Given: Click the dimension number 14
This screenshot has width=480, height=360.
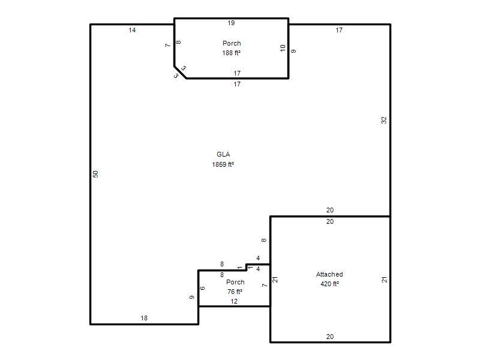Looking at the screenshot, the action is [x=132, y=30].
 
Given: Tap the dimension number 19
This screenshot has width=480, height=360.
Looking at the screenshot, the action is [x=231, y=23].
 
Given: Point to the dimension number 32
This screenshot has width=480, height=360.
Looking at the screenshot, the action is [x=384, y=121].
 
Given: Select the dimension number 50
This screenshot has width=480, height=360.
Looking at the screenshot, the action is [x=95, y=174].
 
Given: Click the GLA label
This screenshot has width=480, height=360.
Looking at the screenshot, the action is [x=223, y=154].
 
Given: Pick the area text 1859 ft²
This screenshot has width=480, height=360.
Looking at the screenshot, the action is [x=223, y=164].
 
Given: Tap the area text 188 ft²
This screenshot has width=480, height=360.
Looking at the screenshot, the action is [x=232, y=53].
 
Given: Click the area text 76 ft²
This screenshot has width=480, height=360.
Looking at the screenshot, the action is [x=235, y=292].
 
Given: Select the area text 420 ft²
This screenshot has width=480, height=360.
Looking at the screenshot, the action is [x=329, y=284].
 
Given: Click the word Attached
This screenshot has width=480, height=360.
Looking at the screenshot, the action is [x=329, y=274].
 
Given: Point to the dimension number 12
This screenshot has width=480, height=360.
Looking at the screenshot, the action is [x=234, y=302].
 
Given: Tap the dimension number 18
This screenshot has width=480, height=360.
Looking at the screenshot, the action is [x=144, y=319].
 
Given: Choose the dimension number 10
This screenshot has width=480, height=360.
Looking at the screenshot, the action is [x=283, y=48].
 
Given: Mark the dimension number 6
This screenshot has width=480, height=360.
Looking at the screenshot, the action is [x=202, y=288].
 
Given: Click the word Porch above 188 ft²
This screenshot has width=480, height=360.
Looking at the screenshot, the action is [x=232, y=43].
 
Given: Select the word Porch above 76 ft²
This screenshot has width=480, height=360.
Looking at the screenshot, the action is [x=235, y=282].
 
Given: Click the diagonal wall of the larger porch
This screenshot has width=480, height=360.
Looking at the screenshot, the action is [x=180, y=72].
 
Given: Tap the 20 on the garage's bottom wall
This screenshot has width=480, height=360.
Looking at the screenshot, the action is [x=330, y=337].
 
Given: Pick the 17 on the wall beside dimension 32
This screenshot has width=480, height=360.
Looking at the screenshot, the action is [x=339, y=30].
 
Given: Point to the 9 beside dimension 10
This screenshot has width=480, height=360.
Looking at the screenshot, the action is [x=293, y=51].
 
